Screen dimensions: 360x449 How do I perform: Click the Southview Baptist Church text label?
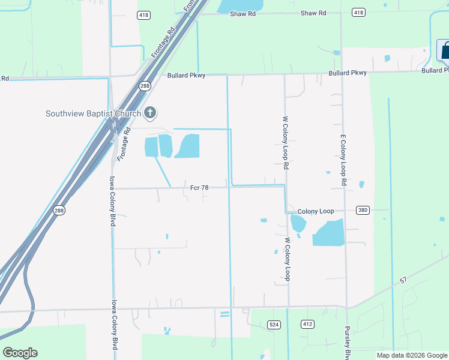[93, 113]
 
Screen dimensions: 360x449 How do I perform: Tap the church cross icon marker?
[150, 112]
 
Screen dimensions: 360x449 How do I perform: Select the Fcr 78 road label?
[199, 188]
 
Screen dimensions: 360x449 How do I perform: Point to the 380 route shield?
[362, 211]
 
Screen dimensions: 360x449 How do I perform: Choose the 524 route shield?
[274, 325]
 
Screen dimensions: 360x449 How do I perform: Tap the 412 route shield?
[308, 325]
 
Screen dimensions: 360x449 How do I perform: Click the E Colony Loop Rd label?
[344, 159]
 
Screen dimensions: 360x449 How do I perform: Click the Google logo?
[20, 353]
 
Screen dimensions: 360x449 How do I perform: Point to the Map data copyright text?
[412, 355]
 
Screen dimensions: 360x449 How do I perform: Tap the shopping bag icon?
[444, 52]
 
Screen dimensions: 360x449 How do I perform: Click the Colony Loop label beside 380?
[315, 211]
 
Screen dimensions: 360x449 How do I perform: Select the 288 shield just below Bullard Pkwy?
[145, 86]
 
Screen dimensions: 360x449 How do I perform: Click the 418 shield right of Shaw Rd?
[358, 13]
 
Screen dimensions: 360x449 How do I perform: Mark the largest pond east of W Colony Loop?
[329, 233]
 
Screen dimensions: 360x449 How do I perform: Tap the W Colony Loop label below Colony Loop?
[288, 259]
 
